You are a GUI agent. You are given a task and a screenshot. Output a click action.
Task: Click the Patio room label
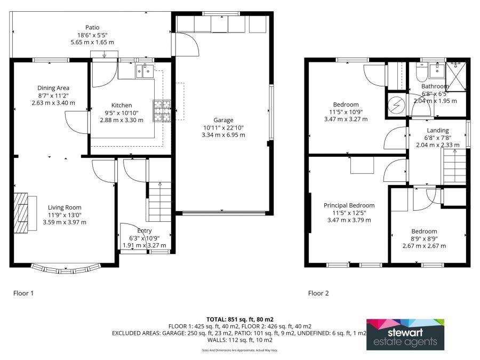click(92, 28)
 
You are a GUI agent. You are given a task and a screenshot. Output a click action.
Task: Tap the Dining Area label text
click(53, 88)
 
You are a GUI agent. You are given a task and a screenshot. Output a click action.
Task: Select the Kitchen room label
click(122, 105)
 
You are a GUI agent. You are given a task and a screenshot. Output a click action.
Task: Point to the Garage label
click(223, 120)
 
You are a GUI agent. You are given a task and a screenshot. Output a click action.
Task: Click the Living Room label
click(65, 207)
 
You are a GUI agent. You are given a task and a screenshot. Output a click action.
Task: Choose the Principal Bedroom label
click(349, 205)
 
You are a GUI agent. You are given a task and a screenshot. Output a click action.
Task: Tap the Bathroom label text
click(435, 86)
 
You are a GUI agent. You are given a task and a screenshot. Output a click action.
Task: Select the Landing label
click(437, 130)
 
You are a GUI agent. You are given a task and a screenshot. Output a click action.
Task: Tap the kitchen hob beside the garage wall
click(163, 111)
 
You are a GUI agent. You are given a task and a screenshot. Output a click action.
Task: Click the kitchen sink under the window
click(145, 70)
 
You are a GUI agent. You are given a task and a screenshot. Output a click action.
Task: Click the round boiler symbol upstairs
click(396, 105)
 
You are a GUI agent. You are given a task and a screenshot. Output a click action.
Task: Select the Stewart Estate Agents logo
click(405, 334)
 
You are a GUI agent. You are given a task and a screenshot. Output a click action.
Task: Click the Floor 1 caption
click(25, 293)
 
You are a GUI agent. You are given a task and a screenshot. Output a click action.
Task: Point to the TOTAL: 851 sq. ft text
click(239, 319)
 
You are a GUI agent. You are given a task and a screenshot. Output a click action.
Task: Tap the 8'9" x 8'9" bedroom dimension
click(424, 239)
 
